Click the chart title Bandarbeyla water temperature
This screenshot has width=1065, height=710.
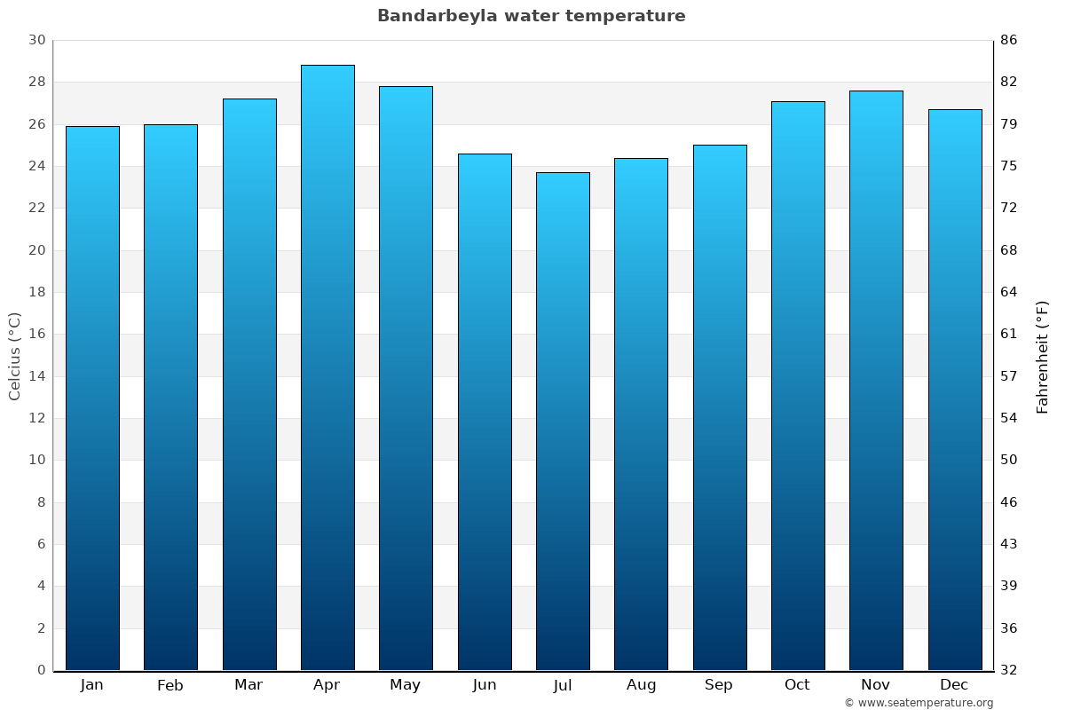(x=531, y=16)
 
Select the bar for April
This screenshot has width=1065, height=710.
(x=327, y=367)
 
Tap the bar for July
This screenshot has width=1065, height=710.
(x=563, y=422)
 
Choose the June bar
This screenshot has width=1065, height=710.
(x=485, y=412)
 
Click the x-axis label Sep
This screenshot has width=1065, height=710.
(x=719, y=685)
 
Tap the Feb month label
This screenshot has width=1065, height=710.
(x=170, y=685)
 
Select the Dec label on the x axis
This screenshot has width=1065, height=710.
(x=954, y=685)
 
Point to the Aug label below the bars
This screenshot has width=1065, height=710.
(x=641, y=685)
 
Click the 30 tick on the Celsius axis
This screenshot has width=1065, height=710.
(x=36, y=40)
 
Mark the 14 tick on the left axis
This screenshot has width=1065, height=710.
(x=36, y=376)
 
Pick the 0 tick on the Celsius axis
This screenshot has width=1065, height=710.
(x=41, y=670)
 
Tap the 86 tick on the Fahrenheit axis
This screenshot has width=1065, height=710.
(x=1009, y=40)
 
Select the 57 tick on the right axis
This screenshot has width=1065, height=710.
(x=1009, y=376)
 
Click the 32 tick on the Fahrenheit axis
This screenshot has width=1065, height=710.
(x=1009, y=670)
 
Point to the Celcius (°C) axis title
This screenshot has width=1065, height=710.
(x=14, y=356)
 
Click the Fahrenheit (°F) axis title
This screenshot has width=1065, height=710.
(x=1042, y=356)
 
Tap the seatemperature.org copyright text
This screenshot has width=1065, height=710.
(x=919, y=703)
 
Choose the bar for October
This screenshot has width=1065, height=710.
(x=798, y=385)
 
